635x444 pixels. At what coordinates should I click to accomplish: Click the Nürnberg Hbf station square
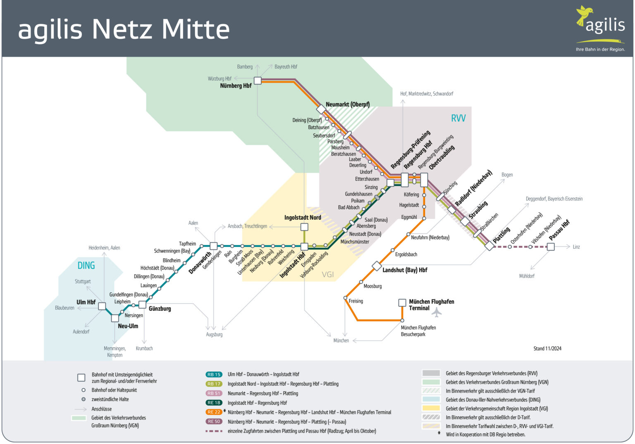(258, 81)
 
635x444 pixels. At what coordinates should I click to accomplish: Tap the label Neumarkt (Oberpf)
(347, 104)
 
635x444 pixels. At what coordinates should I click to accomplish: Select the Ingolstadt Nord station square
(304, 227)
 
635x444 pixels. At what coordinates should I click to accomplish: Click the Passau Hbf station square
(551, 247)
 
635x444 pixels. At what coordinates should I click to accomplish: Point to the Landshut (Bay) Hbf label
(405, 270)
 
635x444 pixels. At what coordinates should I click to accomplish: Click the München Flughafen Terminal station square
(402, 303)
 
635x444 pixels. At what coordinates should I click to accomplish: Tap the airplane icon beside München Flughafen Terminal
(437, 312)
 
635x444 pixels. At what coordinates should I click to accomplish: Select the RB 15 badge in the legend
(214, 375)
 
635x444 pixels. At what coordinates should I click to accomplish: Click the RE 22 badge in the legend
(214, 412)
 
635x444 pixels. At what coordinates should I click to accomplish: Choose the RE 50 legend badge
(214, 422)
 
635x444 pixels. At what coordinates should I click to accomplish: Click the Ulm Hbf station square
(102, 306)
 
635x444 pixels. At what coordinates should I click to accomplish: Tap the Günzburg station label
(160, 309)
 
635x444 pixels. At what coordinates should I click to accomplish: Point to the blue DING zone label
(86, 266)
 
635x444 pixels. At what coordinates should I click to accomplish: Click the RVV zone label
(458, 119)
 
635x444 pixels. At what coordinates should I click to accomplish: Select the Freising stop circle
(345, 298)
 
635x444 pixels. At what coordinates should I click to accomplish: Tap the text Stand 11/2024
(547, 349)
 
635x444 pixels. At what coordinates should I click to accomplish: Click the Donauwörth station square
(214, 246)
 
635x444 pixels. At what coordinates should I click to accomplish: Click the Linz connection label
(576, 247)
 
